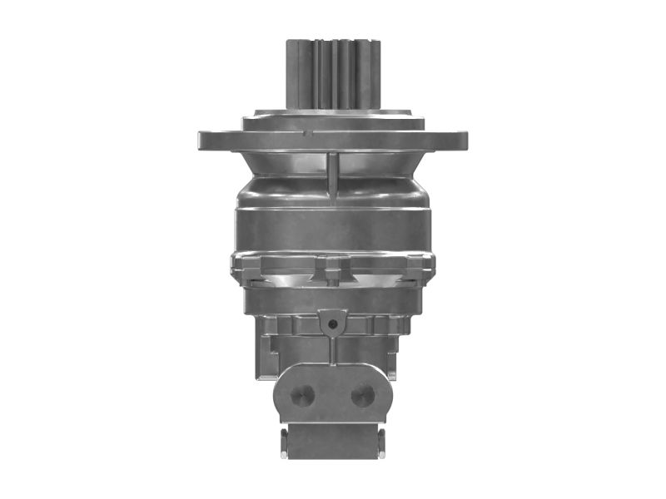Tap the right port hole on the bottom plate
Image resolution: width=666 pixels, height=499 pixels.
pos(362,394)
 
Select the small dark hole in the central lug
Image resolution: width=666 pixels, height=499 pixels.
pos(332,322)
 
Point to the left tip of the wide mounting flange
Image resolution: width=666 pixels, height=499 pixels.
pos(202,140)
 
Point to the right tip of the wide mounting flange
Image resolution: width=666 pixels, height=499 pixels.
pos(464,140)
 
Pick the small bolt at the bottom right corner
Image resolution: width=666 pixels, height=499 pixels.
pos(381,442)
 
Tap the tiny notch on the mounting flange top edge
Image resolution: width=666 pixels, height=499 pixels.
pos(307,132)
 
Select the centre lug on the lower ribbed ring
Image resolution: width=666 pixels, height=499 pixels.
pos(332,268)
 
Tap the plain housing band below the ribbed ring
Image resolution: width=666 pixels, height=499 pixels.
pos(332,299)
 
